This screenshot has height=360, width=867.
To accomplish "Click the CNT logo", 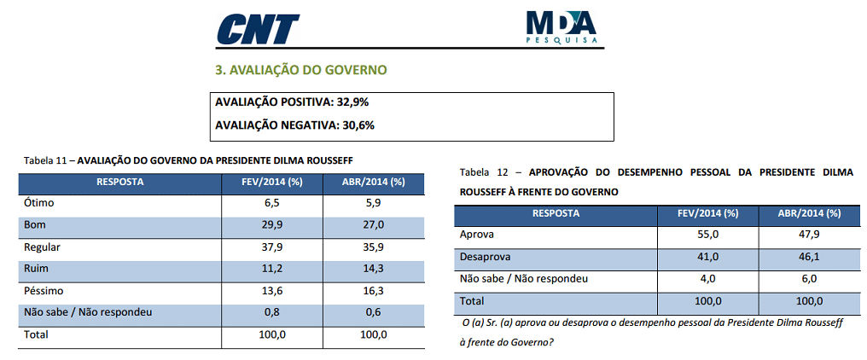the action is pyautogui.click(x=258, y=29).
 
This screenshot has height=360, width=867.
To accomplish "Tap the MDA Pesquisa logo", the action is pyautogui.click(x=562, y=27).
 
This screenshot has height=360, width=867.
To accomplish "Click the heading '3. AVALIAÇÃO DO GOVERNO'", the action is pyautogui.click(x=300, y=70).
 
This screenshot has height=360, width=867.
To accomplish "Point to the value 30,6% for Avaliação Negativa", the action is pyautogui.click(x=358, y=125).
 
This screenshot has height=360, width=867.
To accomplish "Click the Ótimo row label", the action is pyautogui.click(x=38, y=203).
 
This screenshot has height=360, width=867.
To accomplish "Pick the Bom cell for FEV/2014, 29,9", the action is pyautogui.click(x=272, y=225).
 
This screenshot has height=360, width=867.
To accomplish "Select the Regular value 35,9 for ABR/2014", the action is pyautogui.click(x=374, y=247).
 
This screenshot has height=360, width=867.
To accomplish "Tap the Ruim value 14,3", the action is pyautogui.click(x=374, y=269).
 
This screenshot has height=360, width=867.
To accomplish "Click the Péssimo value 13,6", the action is pyautogui.click(x=272, y=291).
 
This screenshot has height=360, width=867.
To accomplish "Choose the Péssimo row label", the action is pyautogui.click(x=44, y=291).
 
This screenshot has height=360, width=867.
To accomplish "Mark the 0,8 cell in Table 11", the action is pyautogui.click(x=272, y=312).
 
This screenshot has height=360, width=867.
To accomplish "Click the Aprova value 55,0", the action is pyautogui.click(x=707, y=235).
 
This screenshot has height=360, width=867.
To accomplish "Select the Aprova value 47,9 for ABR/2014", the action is pyautogui.click(x=809, y=235).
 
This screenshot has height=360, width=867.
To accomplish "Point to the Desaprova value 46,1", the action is pyautogui.click(x=809, y=257).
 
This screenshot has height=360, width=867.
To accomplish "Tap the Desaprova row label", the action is pyautogui.click(x=485, y=257).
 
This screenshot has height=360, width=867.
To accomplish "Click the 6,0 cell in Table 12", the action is pyautogui.click(x=809, y=279).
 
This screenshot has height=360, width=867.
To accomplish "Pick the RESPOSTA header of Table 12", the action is pyautogui.click(x=556, y=213).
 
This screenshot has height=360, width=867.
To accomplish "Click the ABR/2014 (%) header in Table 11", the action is pyautogui.click(x=374, y=182).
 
